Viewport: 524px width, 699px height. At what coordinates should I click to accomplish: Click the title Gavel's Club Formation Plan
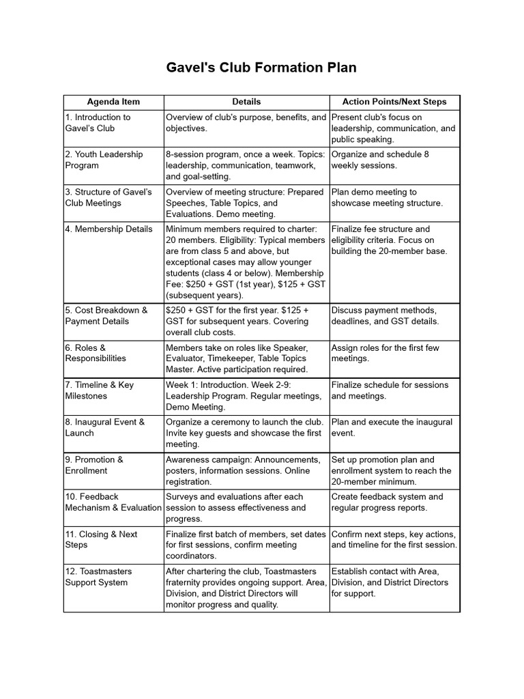pyautogui.click(x=262, y=68)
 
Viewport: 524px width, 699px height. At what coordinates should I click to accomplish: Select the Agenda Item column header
pyautogui.click(x=113, y=102)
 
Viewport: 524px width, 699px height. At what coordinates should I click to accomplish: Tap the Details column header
pyautogui.click(x=246, y=102)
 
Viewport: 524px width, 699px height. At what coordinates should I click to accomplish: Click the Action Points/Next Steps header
pyautogui.click(x=394, y=102)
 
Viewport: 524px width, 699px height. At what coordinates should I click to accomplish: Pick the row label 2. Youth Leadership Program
pyautogui.click(x=104, y=160)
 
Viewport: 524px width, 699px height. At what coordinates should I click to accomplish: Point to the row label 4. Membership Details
pyautogui.click(x=109, y=229)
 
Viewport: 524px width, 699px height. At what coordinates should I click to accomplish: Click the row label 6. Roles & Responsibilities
pyautogui.click(x=96, y=353)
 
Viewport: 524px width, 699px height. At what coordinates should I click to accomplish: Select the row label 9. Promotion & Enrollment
pyautogui.click(x=94, y=465)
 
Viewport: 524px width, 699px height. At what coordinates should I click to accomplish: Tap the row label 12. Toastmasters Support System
pyautogui.click(x=98, y=577)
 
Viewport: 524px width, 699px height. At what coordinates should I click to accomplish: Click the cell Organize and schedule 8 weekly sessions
pyautogui.click(x=380, y=160)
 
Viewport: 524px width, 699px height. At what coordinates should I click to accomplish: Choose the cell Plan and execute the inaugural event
pyautogui.click(x=392, y=427)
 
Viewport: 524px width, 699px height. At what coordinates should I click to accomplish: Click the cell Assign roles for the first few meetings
pyautogui.click(x=385, y=353)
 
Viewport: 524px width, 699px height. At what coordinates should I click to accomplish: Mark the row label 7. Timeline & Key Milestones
pyautogui.click(x=100, y=390)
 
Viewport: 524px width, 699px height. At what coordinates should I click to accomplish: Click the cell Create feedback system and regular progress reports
pyautogui.click(x=387, y=502)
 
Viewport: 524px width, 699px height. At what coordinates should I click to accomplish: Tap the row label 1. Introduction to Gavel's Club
pyautogui.click(x=98, y=122)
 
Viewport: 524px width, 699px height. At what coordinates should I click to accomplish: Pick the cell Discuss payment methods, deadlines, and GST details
pyautogui.click(x=385, y=315)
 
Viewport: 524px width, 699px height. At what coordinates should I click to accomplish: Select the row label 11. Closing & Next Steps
pyautogui.click(x=101, y=539)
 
